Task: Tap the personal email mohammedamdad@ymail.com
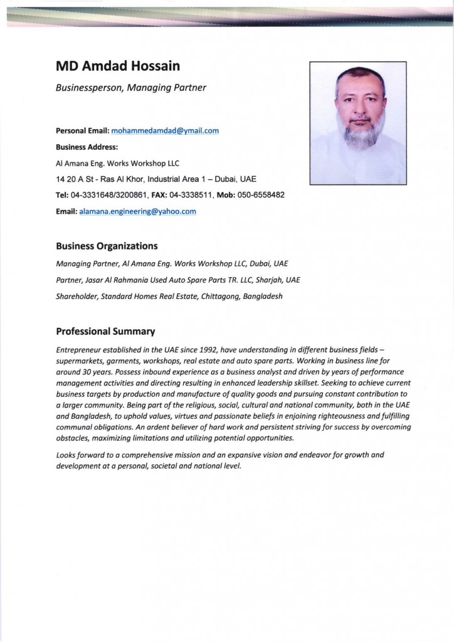pos(164,130)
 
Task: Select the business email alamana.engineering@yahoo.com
pos(137,211)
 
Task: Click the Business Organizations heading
pos(107,246)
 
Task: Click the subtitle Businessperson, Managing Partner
pos(130,88)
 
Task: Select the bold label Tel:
pos(62,195)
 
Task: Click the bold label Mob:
pos(226,195)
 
